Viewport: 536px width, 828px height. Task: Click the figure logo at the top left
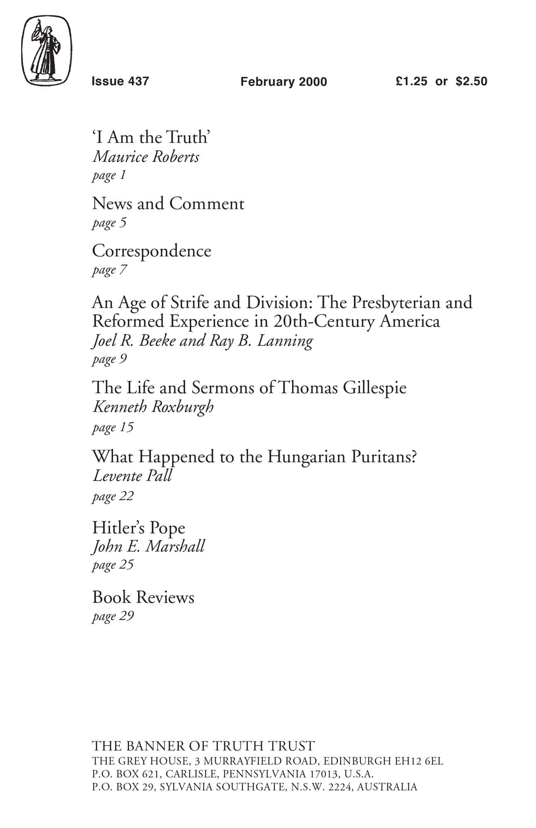click(x=46, y=51)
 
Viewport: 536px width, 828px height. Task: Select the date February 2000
click(x=283, y=82)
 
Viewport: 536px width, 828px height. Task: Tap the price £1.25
click(x=411, y=81)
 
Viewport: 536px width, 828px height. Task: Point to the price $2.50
click(x=471, y=81)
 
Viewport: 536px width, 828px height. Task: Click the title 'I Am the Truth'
click(x=151, y=137)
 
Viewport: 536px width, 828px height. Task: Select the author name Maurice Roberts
click(x=146, y=157)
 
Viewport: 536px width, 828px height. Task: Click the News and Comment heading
click(x=168, y=204)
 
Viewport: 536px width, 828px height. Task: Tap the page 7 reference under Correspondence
click(x=109, y=270)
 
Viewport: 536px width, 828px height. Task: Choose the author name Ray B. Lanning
click(x=261, y=341)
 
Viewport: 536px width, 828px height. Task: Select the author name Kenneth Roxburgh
click(x=153, y=407)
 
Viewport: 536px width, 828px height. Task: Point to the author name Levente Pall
click(x=132, y=476)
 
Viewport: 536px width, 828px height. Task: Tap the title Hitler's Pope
click(x=138, y=528)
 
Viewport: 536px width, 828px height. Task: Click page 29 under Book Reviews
click(x=113, y=616)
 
